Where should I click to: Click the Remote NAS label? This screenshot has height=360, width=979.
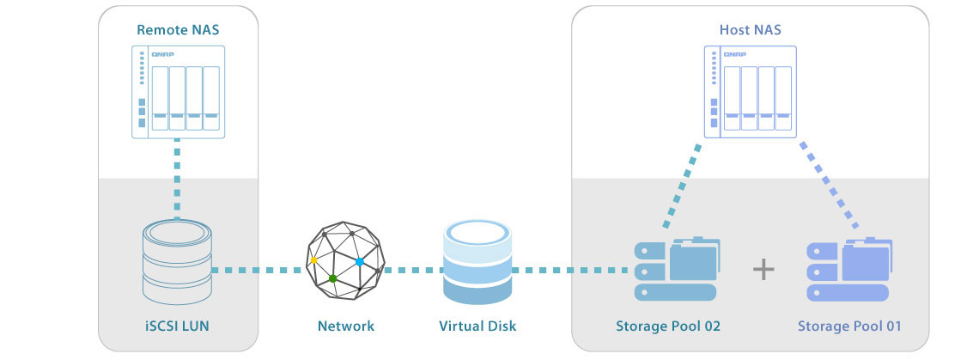coord(179,30)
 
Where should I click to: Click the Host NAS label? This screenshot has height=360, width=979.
coord(750,30)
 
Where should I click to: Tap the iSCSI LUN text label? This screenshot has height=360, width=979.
coord(178,326)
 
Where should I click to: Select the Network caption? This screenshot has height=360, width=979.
coord(346,326)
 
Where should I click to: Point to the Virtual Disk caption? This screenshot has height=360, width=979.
coord(477,326)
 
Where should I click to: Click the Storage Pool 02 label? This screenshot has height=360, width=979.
coord(667,326)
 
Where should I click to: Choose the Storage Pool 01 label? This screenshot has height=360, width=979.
coord(849,326)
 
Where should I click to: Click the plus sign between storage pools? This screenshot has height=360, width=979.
coord(763,270)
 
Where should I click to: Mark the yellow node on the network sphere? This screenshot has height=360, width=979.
coord(314,259)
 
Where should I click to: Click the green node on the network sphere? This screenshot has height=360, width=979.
coord(332,278)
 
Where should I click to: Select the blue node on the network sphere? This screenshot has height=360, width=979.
coord(359,260)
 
